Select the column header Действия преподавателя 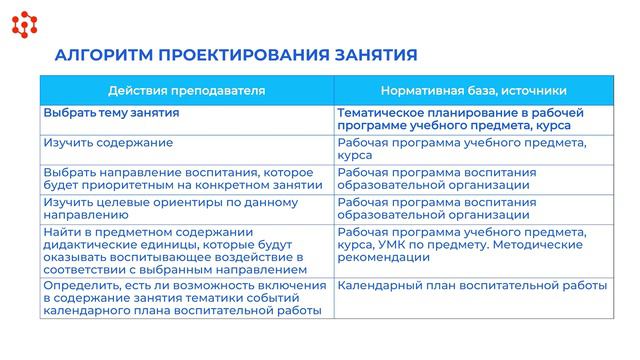click(186, 90)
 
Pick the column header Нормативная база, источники click(474, 90)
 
